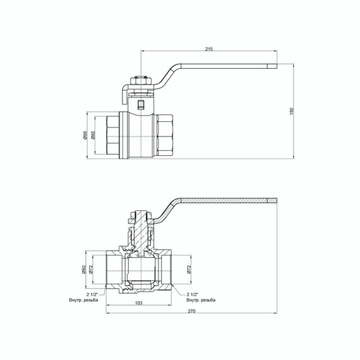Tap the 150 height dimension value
292,111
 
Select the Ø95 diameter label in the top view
83,135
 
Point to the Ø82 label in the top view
93,135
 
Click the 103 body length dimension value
139,303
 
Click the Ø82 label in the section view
85,270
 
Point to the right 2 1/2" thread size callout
194,294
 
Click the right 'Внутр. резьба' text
201,299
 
